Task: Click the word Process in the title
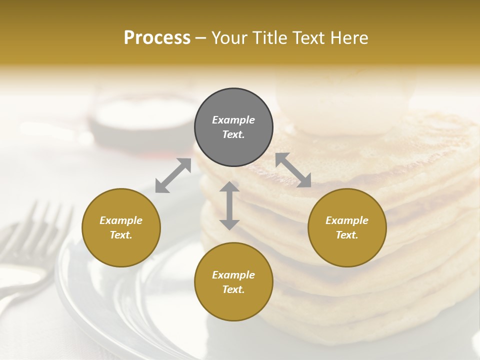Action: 157,38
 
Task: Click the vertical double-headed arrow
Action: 229,205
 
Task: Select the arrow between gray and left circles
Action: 173,175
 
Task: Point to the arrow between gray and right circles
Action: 293,170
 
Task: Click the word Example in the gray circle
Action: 233,120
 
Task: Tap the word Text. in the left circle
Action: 121,235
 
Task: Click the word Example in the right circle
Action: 347,220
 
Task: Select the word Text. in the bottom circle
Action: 233,289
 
